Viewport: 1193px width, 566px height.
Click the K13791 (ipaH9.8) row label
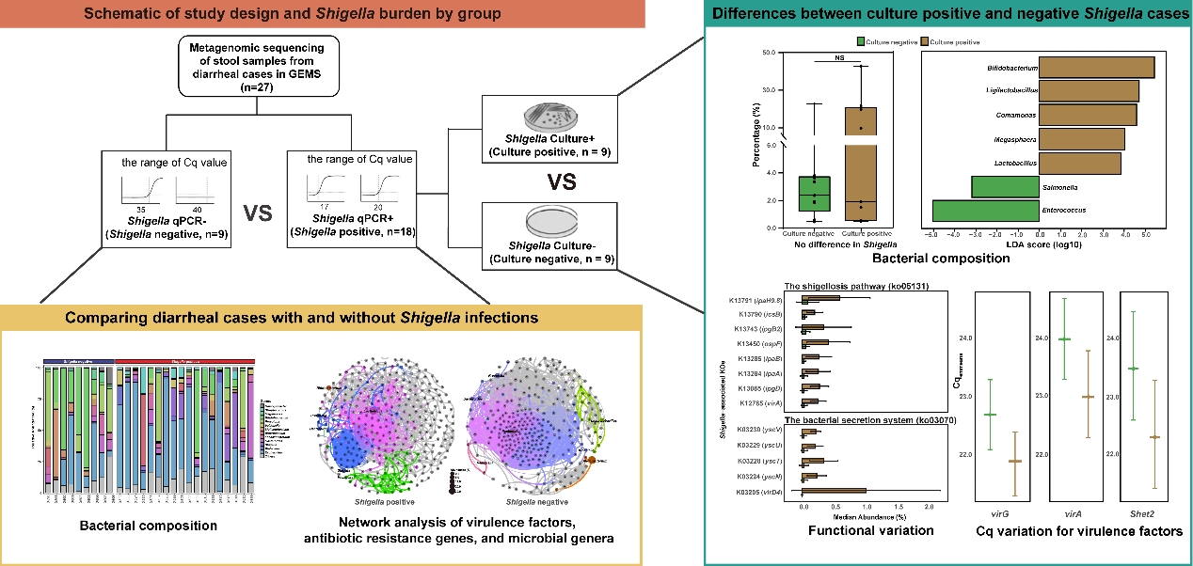click(x=752, y=299)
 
